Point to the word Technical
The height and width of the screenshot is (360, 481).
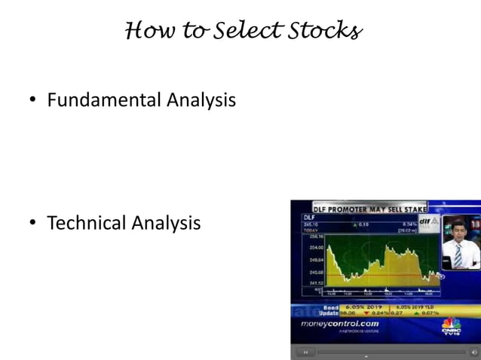[86, 223]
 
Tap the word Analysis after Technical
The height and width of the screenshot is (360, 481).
[166, 223]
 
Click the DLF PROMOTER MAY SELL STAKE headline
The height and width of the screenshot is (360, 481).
[369, 208]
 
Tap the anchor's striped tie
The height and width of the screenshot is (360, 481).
[458, 255]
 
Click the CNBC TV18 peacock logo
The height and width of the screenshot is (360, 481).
[450, 327]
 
